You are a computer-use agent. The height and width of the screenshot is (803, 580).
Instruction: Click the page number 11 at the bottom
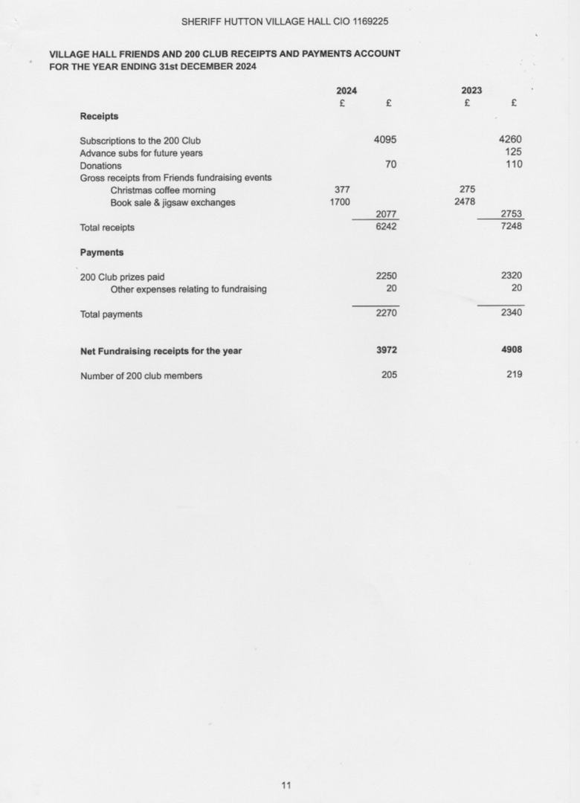coord(286,785)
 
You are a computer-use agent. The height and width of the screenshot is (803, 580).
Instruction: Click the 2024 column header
coord(347,91)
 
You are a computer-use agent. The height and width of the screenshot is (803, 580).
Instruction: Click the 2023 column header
coord(471,91)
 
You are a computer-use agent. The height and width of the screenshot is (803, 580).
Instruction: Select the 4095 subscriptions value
coord(385,139)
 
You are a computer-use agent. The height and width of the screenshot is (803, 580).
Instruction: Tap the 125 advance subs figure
coord(513,152)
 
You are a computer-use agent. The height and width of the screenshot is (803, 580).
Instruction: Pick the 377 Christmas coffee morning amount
coord(342,190)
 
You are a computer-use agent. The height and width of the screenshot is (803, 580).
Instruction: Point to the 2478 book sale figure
coord(465,201)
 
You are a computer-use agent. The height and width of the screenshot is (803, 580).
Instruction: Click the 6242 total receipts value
coord(386,227)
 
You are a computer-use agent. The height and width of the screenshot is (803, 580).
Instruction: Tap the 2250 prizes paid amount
coord(386,276)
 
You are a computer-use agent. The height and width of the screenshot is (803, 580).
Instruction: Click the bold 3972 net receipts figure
coord(386,350)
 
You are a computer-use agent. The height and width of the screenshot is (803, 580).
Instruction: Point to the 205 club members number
coord(389,375)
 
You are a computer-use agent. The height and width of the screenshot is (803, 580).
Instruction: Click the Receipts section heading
coord(99,116)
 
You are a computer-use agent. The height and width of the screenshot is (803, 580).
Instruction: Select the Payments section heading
coord(102,252)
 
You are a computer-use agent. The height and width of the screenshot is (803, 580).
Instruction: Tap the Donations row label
coord(100,166)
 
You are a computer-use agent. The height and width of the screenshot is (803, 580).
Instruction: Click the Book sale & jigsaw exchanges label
coord(173,202)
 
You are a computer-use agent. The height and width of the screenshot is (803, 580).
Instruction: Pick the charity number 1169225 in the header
coord(366,22)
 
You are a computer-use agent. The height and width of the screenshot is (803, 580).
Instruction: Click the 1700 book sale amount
coord(340,201)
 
